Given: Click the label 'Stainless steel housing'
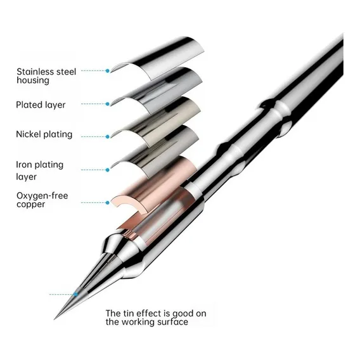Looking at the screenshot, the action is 46,76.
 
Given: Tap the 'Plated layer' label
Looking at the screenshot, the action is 41,105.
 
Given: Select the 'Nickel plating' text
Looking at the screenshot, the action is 44,134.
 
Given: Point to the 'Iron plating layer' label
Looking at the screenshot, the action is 39,170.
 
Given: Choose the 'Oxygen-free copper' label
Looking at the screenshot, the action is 42,200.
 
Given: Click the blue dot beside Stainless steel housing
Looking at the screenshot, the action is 108,71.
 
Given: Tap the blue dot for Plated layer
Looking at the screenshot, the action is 108,104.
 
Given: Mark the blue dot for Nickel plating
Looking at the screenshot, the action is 108,137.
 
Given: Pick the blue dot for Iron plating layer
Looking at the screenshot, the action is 108,170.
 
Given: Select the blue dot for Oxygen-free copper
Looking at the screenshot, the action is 108,203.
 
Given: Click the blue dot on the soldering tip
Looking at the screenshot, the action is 75,294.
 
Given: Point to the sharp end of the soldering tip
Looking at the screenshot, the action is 54,319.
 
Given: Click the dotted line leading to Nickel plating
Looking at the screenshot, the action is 93,137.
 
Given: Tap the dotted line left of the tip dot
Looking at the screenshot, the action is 61,294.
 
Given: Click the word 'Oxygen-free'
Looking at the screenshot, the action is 42,196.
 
